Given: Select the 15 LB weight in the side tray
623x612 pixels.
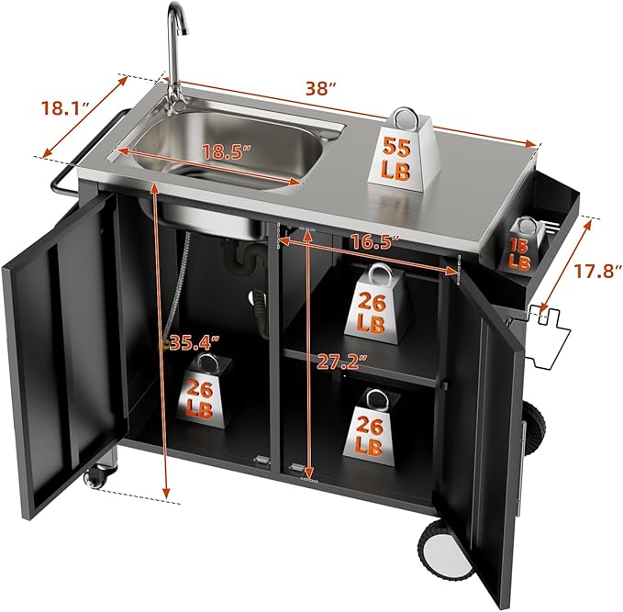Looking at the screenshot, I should [519, 246].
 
